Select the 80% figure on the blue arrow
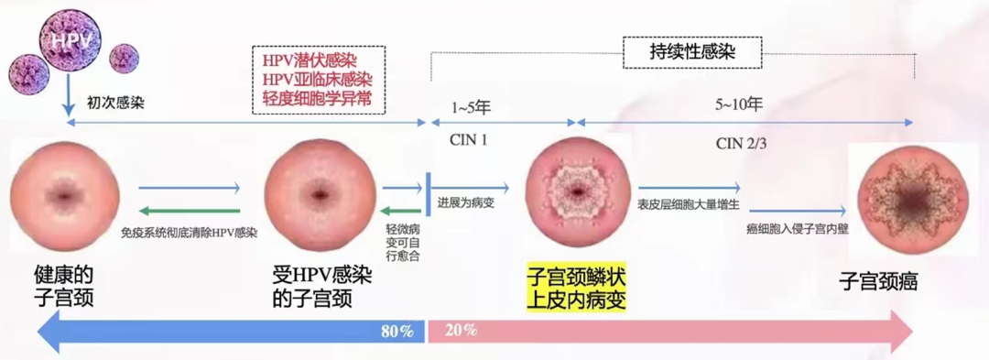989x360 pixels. click(x=397, y=331)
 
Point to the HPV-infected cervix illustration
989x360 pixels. click(x=320, y=196)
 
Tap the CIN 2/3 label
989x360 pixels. click(x=741, y=143)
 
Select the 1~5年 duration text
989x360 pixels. click(x=472, y=107)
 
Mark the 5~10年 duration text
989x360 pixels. click(x=741, y=105)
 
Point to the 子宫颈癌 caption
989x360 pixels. click(x=881, y=282)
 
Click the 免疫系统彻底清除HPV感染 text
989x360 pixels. click(x=189, y=233)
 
